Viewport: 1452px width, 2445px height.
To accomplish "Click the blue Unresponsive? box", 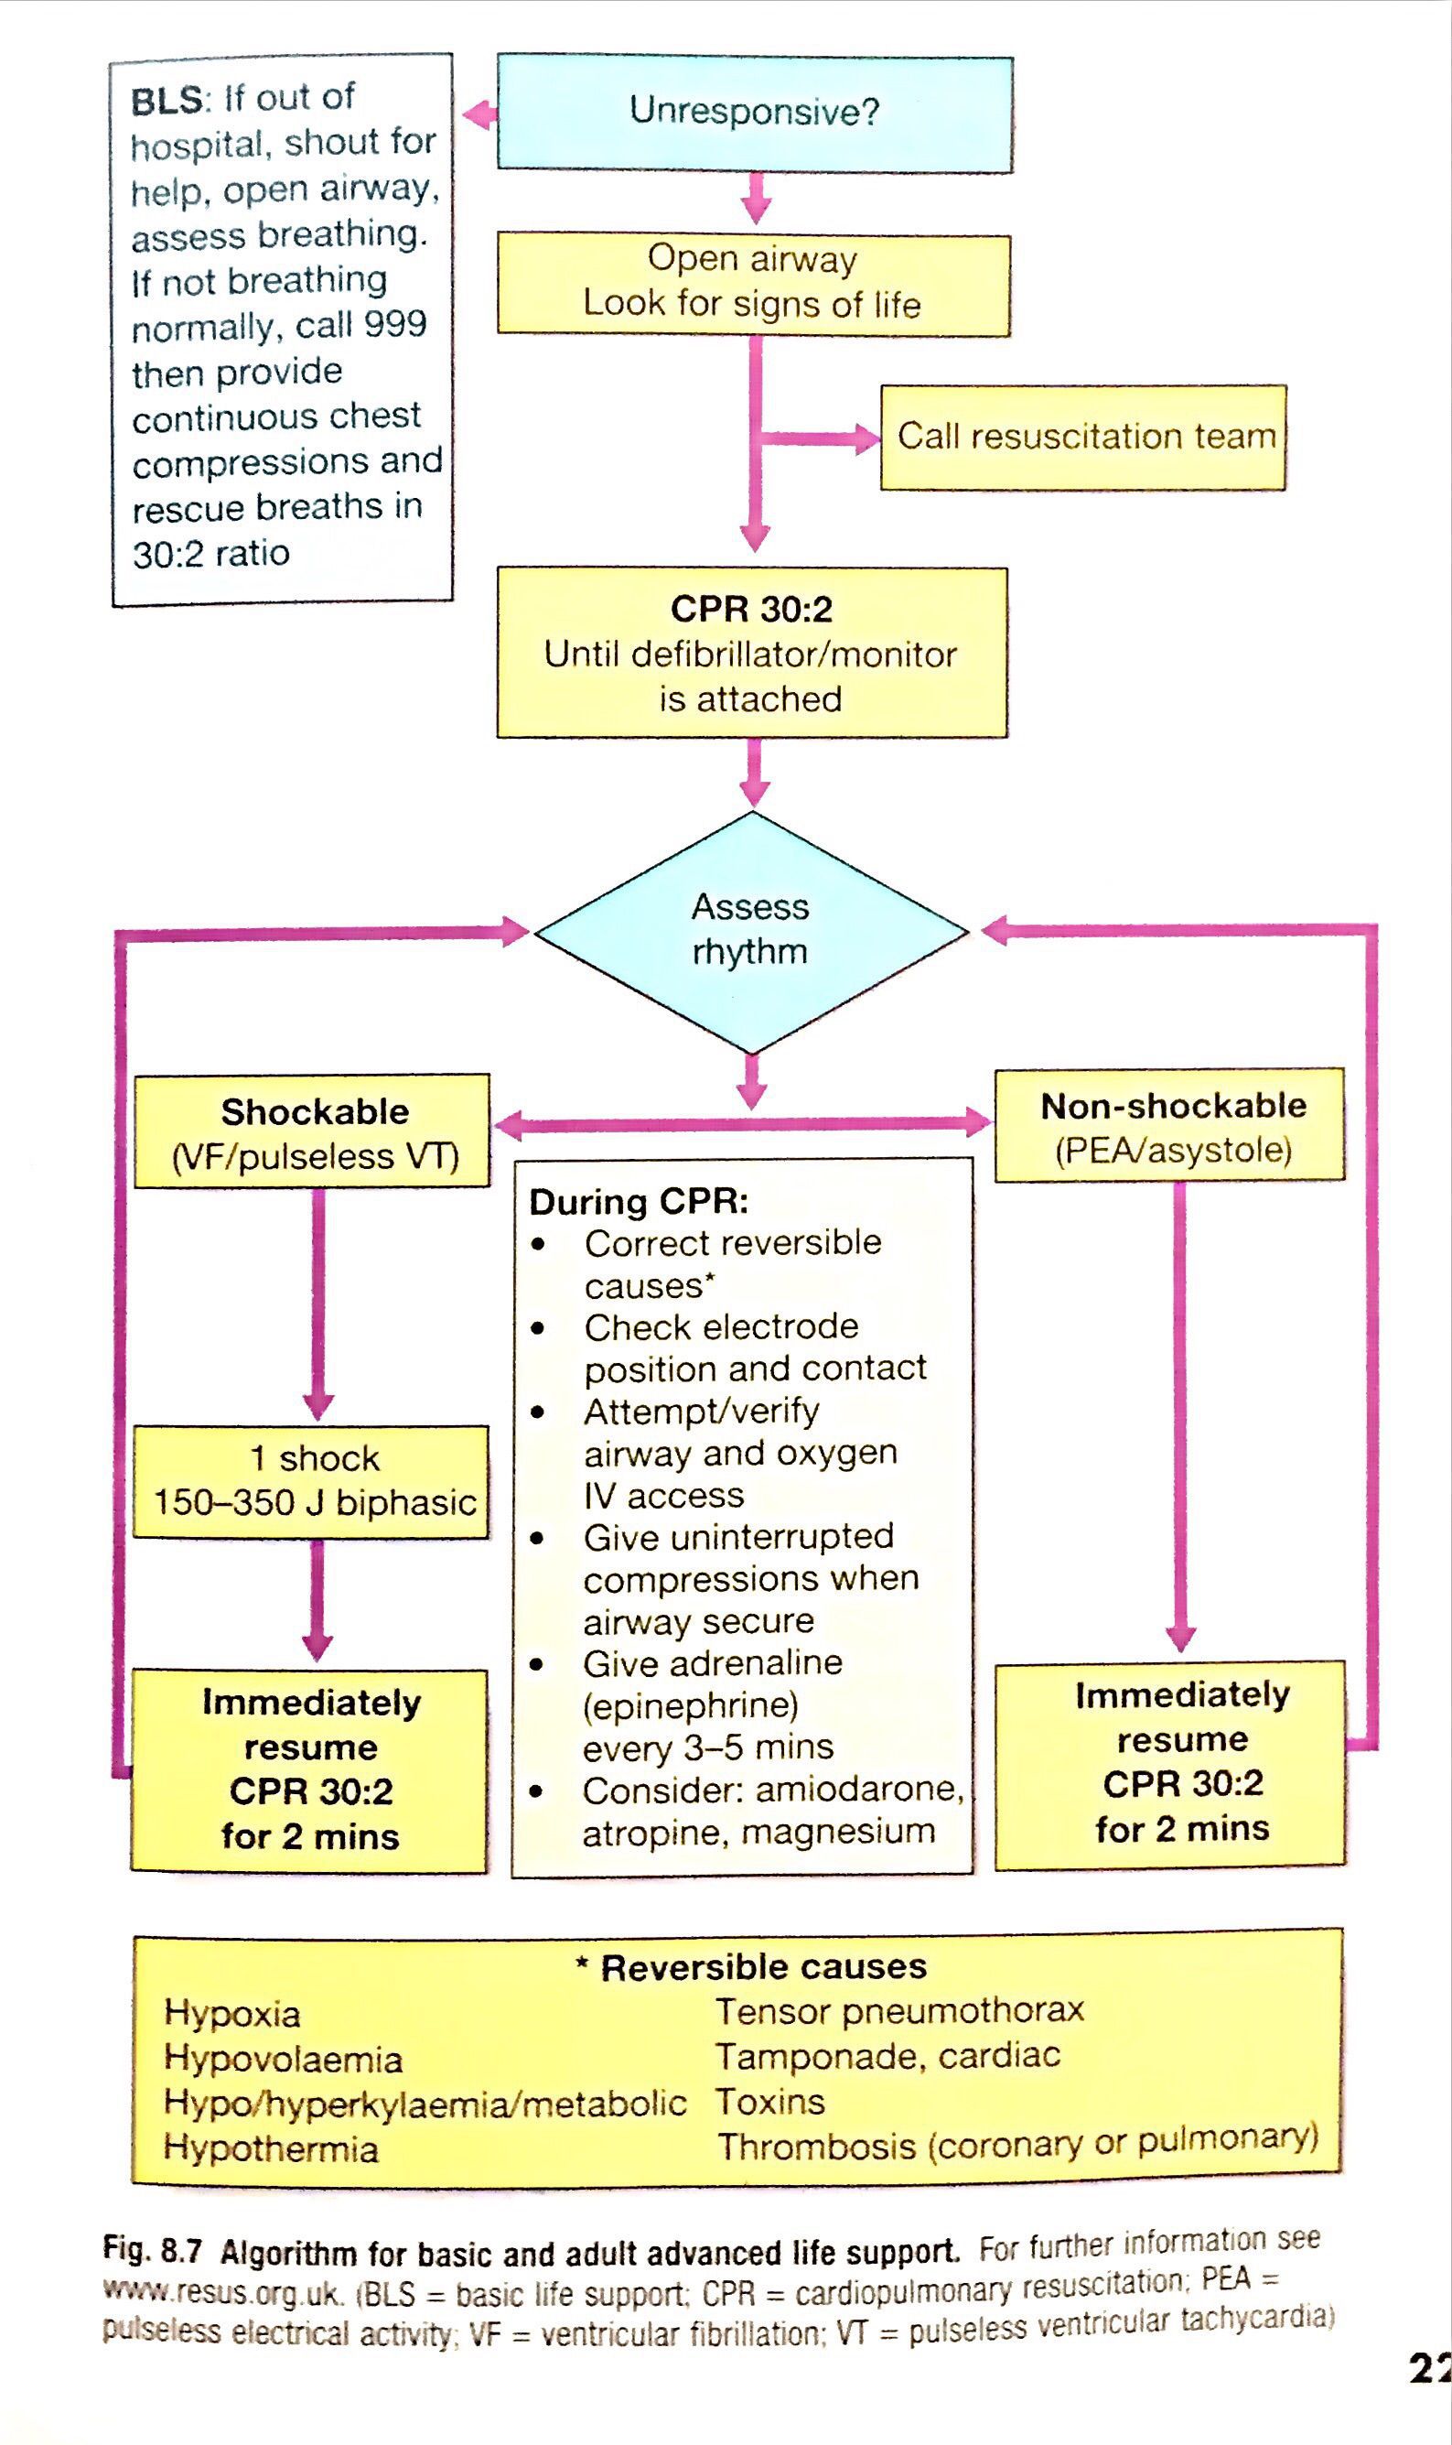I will point(755,114).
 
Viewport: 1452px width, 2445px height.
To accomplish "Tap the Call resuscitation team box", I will point(1083,437).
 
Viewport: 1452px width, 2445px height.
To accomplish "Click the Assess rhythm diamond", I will point(750,930).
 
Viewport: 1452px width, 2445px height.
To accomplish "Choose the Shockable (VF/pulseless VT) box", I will point(312,1131).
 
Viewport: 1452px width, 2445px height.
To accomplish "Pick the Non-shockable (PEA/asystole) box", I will point(1170,1126).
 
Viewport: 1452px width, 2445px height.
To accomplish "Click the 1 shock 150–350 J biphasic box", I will point(311,1481).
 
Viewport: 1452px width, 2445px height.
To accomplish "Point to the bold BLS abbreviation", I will point(167,101).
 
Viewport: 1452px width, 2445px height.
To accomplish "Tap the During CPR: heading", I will point(638,1202).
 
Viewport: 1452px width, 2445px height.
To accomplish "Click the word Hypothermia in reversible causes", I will point(271,2148).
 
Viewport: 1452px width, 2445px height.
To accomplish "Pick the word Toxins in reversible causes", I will point(770,2102).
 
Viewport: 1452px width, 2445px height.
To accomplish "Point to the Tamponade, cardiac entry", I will point(887,2055).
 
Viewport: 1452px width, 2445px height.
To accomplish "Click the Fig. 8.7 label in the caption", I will point(153,2251).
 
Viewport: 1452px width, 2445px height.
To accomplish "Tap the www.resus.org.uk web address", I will point(223,2293).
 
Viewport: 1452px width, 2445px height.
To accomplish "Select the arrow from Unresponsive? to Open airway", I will point(756,200).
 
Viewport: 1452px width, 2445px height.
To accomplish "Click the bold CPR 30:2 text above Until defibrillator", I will point(751,609).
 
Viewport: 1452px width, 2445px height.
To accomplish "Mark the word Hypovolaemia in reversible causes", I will point(283,2059).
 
